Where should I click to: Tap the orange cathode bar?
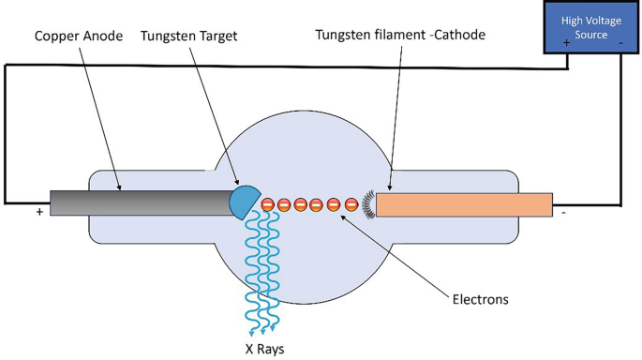pyautogui.click(x=463, y=204)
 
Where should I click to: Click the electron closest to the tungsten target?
pyautogui.click(x=267, y=204)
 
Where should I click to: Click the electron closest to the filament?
pyautogui.click(x=351, y=204)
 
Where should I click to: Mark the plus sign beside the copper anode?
pyautogui.click(x=39, y=213)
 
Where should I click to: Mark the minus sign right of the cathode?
pyautogui.click(x=562, y=213)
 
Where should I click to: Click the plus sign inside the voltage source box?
pyautogui.click(x=567, y=43)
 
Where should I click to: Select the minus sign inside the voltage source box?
pyautogui.click(x=620, y=43)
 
